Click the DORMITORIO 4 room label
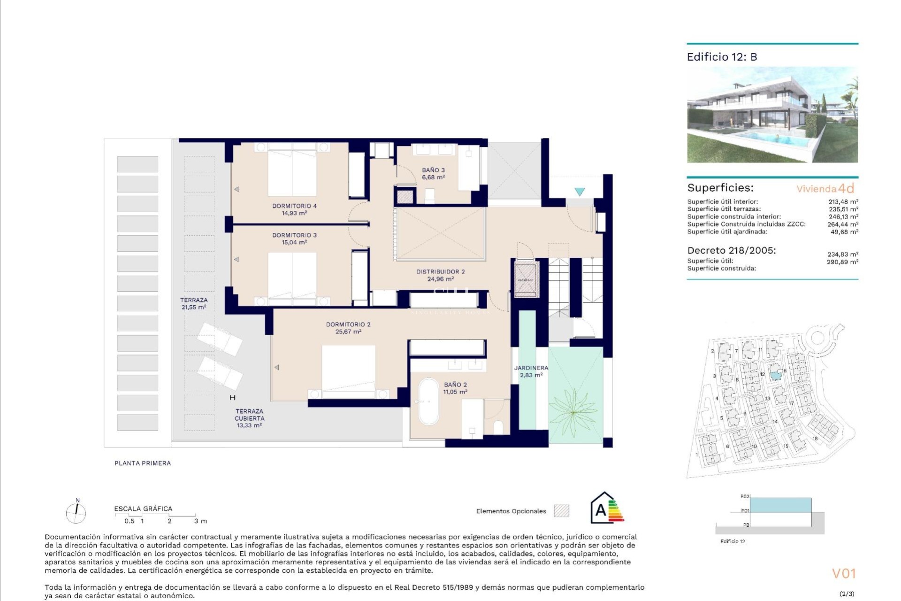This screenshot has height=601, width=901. (x=294, y=206)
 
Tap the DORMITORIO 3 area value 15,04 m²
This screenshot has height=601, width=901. (x=294, y=242)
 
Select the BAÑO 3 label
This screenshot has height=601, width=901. (x=433, y=170)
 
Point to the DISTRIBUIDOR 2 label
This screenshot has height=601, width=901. (x=440, y=271)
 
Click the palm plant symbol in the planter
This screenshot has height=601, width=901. (x=573, y=412)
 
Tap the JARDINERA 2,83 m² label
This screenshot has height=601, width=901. (x=531, y=371)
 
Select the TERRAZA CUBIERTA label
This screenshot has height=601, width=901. (x=249, y=415)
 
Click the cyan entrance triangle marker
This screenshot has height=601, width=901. (x=580, y=192)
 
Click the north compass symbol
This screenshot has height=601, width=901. (x=76, y=512)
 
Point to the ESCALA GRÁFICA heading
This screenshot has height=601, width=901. (x=143, y=509)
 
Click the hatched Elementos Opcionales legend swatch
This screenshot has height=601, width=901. (x=561, y=511)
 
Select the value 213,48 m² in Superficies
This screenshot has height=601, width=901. (x=843, y=202)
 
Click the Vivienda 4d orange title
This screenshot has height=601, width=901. (x=825, y=189)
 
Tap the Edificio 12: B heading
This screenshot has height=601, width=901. (x=722, y=57)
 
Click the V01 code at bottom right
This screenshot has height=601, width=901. (x=844, y=573)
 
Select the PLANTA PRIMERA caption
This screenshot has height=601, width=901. (x=143, y=463)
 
